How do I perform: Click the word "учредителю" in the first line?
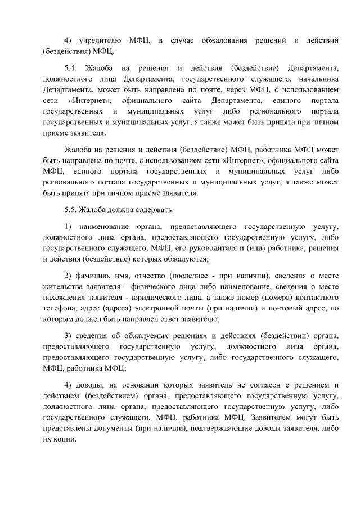[99, 41]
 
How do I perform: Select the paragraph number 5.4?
[71, 69]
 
